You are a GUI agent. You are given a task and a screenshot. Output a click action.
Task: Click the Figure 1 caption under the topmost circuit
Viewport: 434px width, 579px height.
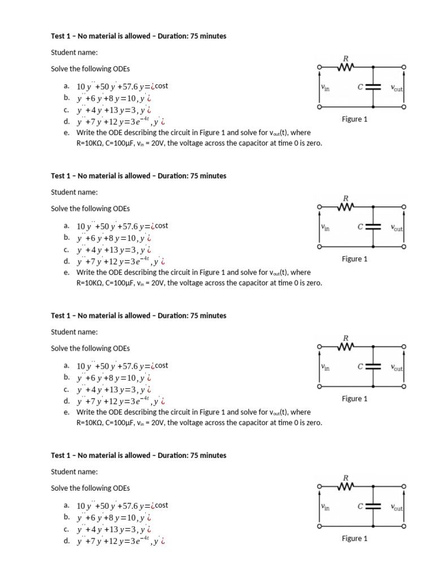[x=354, y=119]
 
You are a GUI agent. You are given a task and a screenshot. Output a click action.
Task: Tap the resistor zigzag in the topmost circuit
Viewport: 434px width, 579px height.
[x=345, y=68]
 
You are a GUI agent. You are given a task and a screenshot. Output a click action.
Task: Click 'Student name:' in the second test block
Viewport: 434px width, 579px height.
[x=74, y=192]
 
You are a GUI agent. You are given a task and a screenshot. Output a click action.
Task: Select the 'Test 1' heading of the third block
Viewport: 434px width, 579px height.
[x=63, y=316]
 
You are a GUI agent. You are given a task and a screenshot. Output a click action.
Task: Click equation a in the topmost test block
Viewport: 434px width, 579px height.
[x=122, y=86]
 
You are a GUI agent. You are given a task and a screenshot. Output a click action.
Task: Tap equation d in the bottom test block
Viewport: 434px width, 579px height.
[x=120, y=541]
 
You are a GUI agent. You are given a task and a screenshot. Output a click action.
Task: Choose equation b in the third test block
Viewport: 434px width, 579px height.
[x=113, y=377]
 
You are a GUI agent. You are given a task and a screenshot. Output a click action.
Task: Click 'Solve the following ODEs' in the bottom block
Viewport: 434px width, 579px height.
[x=90, y=488]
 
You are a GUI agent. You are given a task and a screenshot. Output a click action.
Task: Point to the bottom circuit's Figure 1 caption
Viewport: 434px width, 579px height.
[x=354, y=538]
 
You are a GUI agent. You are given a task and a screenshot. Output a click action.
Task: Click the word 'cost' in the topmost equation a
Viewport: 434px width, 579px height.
[x=162, y=86]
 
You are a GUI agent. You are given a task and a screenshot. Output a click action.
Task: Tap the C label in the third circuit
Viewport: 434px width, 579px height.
[x=359, y=367]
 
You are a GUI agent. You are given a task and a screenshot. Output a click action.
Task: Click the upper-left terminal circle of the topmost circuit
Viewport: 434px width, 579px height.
[x=319, y=68]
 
